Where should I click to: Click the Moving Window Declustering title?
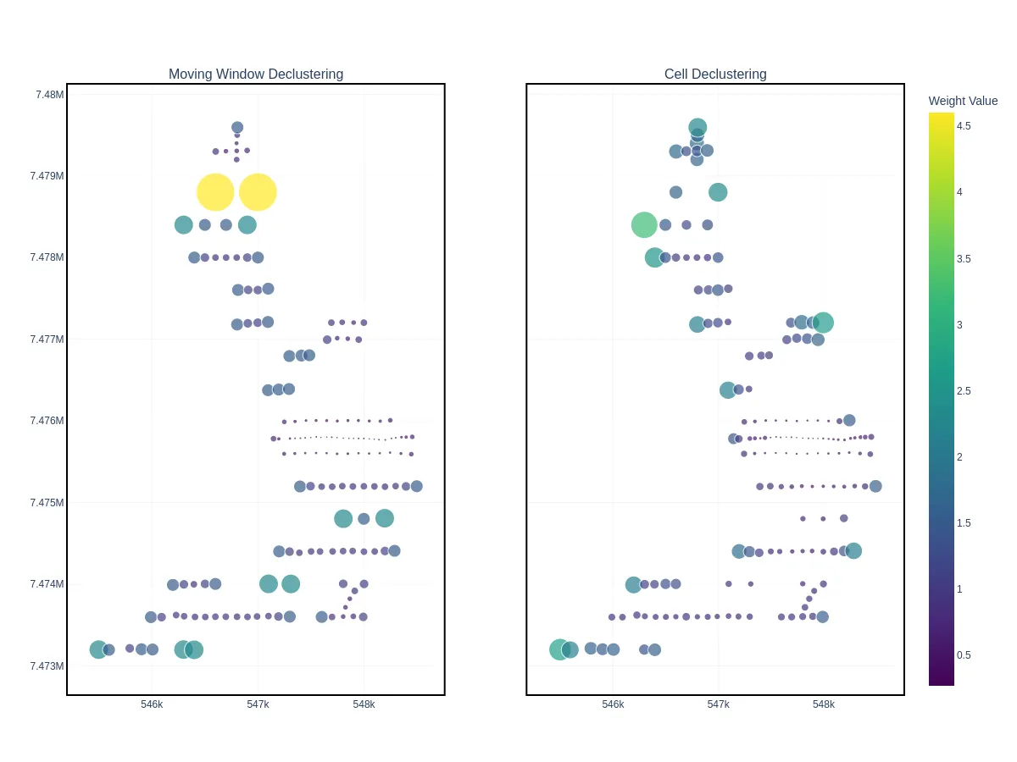pos(256,75)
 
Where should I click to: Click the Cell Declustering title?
pos(715,75)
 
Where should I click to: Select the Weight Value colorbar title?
pos(963,101)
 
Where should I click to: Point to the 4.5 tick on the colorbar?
pos(964,126)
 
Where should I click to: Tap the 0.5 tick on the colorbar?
pos(964,655)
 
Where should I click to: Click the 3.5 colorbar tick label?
pos(964,259)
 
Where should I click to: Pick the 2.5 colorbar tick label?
pos(964,391)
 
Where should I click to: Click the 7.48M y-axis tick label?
pos(49,95)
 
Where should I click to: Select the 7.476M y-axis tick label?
pos(47,421)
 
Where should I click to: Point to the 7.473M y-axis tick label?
pos(47,665)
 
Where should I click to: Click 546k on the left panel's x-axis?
pos(152,704)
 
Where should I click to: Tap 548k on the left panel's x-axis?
pos(364,704)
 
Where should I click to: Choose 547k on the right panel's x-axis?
pos(718,704)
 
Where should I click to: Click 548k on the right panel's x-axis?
pos(824,704)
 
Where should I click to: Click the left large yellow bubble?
pos(215,192)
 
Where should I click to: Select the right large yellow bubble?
pos(258,192)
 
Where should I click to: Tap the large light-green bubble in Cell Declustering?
pos(644,225)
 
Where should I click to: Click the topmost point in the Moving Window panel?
pos(237,128)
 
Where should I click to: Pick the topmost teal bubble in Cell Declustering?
pos(697,127)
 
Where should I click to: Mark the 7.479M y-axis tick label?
pos(47,176)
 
